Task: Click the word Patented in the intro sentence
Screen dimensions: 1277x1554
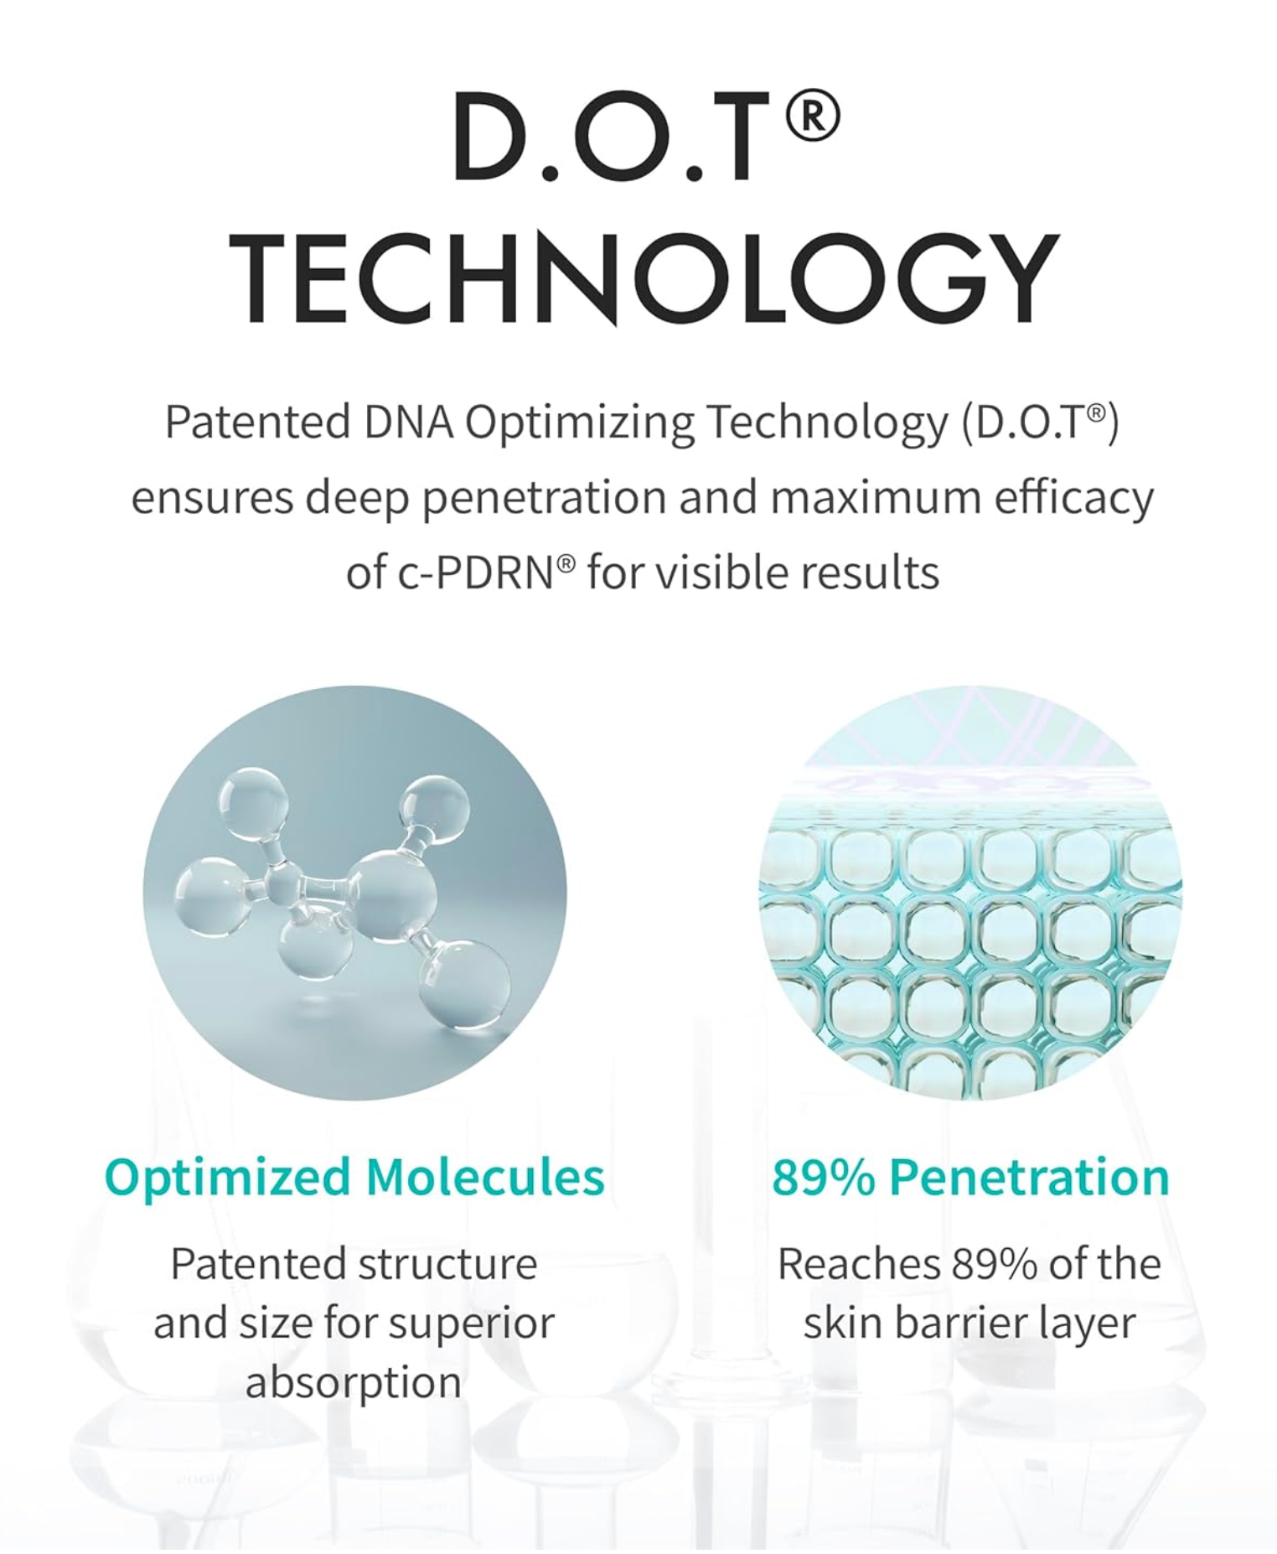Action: [x=257, y=421]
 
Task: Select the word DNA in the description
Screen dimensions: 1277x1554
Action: [x=408, y=421]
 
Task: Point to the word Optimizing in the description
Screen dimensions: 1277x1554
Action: [x=579, y=423]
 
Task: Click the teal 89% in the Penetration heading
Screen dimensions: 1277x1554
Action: [x=823, y=1177]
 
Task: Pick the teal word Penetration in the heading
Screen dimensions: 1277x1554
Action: [x=1029, y=1177]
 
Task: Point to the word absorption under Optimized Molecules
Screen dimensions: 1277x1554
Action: [x=354, y=1384]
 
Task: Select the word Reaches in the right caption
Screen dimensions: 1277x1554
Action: [x=858, y=1264]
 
